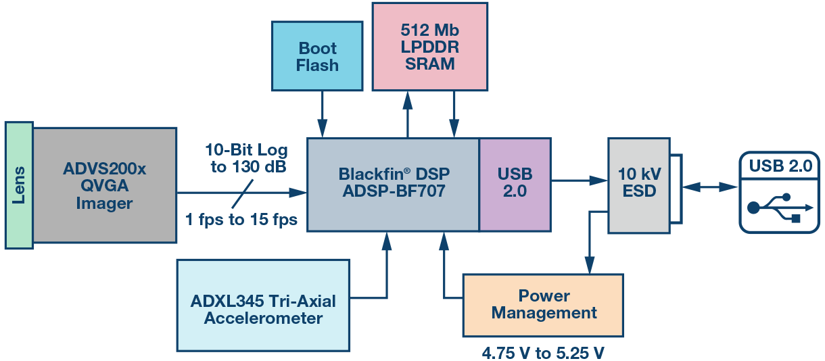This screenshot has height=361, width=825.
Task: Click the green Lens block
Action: pyautogui.click(x=18, y=185)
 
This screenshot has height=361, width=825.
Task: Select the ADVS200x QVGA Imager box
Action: pyautogui.click(x=104, y=185)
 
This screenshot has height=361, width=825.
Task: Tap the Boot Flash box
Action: pyautogui.click(x=317, y=57)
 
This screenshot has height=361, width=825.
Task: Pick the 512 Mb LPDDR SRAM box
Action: pyautogui.click(x=429, y=47)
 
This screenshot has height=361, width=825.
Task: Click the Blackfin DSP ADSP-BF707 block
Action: pyautogui.click(x=393, y=183)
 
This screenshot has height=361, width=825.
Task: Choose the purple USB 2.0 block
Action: pyautogui.click(x=515, y=183)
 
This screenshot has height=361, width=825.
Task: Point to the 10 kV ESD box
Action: pyautogui.click(x=639, y=182)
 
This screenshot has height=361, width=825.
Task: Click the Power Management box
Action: pyautogui.click(x=543, y=305)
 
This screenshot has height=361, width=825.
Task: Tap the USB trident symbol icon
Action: pyautogui.click(x=777, y=206)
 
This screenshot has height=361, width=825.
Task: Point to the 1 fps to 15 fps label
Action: pyautogui.click(x=241, y=220)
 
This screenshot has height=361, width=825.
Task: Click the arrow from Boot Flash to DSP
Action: pyautogui.click(x=323, y=115)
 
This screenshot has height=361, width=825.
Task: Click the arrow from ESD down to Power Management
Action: pyautogui.click(x=590, y=243)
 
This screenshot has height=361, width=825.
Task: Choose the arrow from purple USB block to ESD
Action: pyautogui.click(x=579, y=180)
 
